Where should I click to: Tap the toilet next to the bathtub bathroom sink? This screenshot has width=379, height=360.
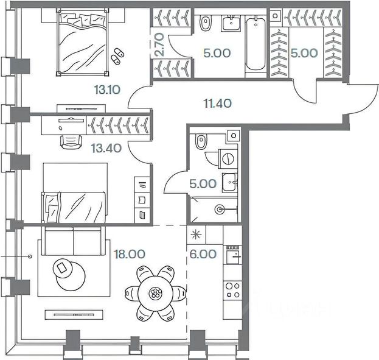(x=204, y=24)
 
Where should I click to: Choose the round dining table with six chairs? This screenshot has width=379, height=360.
(x=156, y=294)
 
